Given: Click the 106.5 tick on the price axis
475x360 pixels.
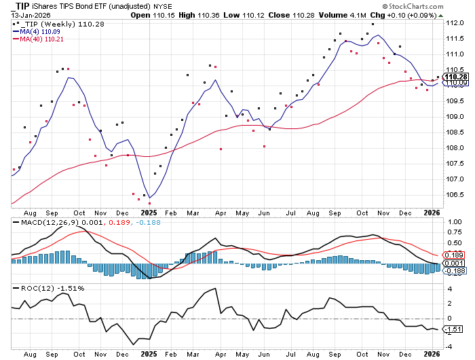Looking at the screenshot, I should (x=455, y=195).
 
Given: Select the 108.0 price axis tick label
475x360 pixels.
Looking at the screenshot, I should (x=455, y=148).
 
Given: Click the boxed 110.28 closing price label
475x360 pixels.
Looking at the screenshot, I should (x=455, y=77).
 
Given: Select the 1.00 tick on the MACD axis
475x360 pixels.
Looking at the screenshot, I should (x=454, y=221).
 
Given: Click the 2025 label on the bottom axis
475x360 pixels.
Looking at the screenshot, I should (x=149, y=353).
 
